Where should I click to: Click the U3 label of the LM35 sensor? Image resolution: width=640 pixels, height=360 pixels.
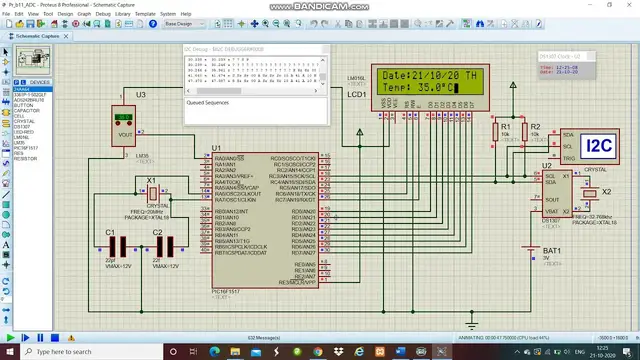pyautogui.click(x=140, y=94)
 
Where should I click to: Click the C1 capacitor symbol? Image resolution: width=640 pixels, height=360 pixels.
pyautogui.click(x=118, y=247)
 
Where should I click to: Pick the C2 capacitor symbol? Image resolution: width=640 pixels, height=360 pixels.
pyautogui.click(x=166, y=247)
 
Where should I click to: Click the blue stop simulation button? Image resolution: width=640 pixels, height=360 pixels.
pyautogui.click(x=59, y=340)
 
